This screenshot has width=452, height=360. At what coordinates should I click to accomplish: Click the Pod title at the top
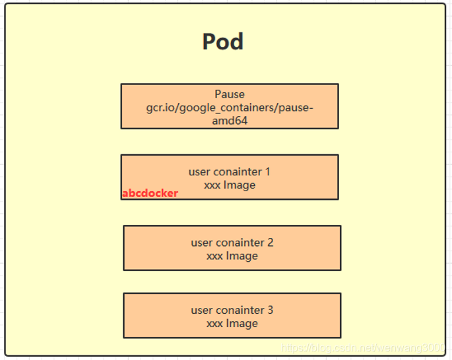pos(223,42)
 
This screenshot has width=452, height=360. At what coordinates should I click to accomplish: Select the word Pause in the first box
pos(230,94)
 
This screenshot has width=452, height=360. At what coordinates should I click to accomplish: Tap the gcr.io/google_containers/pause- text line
pos(230,107)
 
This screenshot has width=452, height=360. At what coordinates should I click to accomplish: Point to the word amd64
pos(230,121)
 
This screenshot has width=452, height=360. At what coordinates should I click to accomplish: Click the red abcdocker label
pos(150,193)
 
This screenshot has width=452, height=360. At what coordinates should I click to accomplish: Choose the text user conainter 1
pos(230,171)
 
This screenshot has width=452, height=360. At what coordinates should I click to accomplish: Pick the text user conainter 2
pos(232,243)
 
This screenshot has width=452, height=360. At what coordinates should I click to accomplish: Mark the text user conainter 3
pos(232,310)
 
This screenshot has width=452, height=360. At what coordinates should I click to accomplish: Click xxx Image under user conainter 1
pos(230,185)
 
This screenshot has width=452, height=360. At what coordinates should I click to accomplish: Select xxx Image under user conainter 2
pos(232,256)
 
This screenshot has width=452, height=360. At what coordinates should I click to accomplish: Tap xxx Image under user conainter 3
pos(232,323)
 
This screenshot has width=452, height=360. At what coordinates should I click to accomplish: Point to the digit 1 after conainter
pos(267,171)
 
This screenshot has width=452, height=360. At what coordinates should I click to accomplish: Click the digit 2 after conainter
pos(270,243)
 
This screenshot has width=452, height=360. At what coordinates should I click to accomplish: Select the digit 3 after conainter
pos(270,310)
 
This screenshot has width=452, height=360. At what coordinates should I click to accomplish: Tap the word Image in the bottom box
pos(242,323)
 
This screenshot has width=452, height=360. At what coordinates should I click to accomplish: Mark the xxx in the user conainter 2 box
pos(214,256)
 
